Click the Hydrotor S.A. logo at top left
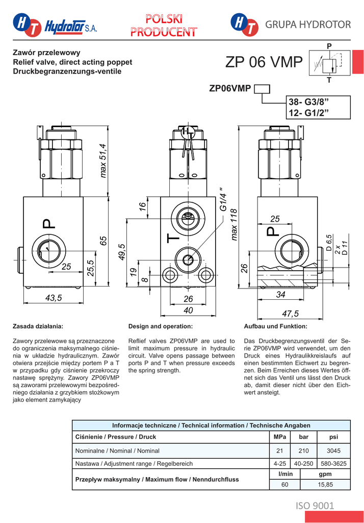coord(55,25)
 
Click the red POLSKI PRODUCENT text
coord(164,26)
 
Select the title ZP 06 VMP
coord(264,62)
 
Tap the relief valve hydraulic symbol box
coord(330,63)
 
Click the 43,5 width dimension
coord(54,298)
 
